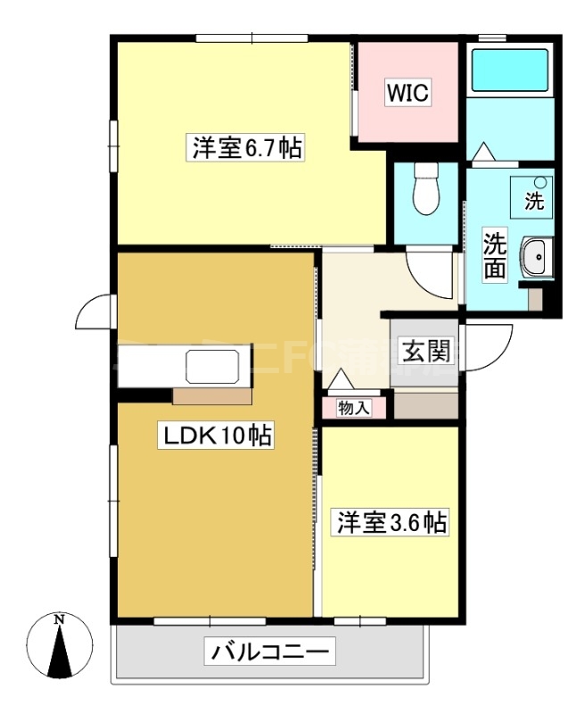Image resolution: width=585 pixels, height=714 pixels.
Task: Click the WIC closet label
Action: click(x=408, y=92)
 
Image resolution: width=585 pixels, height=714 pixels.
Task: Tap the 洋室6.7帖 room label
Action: click(x=246, y=148)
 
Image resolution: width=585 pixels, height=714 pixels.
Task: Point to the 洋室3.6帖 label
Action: click(x=390, y=523)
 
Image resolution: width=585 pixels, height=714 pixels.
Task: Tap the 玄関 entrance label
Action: click(x=424, y=351)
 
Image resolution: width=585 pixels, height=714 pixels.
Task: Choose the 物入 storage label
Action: click(x=354, y=408)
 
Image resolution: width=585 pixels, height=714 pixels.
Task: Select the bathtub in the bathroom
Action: click(x=509, y=71)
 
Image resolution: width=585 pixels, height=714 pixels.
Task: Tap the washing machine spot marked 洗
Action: click(x=532, y=195)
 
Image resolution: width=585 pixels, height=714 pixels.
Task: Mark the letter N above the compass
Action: click(x=60, y=619)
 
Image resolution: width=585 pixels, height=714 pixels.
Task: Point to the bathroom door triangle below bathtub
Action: click(x=482, y=154)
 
